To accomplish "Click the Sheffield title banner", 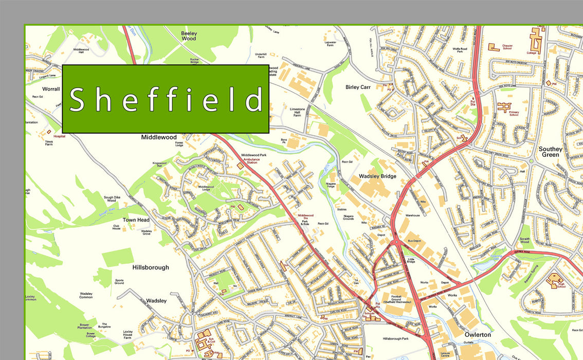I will (166, 99).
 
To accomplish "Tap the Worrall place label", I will (51, 89).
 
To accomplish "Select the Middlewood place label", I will (159, 137).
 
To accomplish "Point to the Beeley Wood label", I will (189, 35).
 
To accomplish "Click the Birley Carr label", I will (358, 87).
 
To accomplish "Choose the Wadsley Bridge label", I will (377, 176).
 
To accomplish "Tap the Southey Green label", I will (551, 152).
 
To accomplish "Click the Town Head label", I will (136, 220).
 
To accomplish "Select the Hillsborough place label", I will (151, 267).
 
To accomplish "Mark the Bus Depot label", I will (414, 241).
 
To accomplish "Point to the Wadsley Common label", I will (86, 295).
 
